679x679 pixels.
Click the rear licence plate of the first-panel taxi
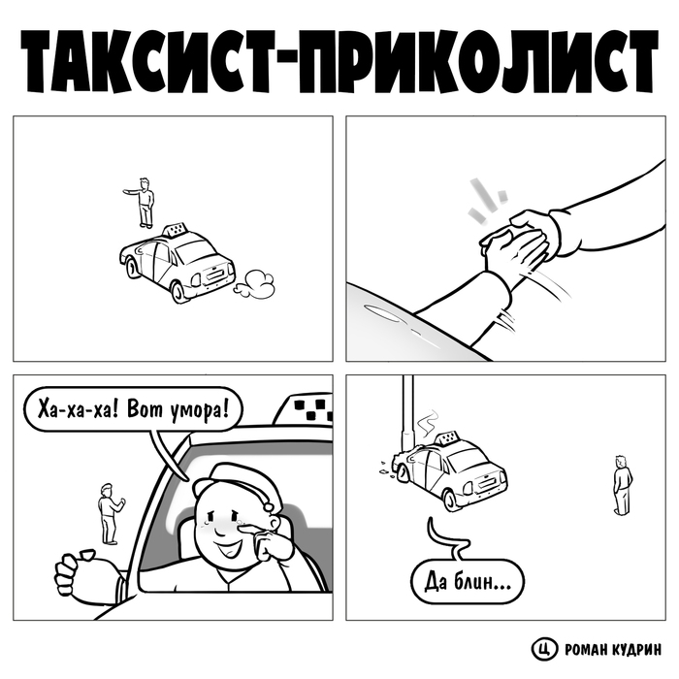click(x=214, y=274)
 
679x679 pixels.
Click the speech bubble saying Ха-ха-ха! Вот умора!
click(x=133, y=409)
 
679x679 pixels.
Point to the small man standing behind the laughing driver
click(x=109, y=514)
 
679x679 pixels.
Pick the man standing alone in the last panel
click(x=623, y=485)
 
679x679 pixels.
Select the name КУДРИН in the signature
click(x=636, y=649)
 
